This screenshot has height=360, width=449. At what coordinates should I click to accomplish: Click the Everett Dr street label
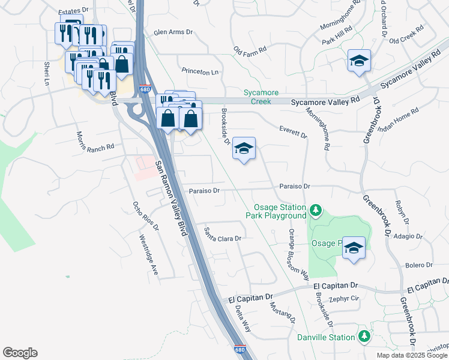pyautogui.click(x=294, y=132)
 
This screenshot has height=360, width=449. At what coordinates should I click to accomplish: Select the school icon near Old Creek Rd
pyautogui.click(x=359, y=61)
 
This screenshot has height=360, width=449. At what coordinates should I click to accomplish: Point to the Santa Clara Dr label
pyautogui.click(x=222, y=234)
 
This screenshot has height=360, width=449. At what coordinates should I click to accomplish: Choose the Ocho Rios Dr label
pyautogui.click(x=145, y=216)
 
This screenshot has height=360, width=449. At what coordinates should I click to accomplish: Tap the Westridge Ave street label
pyautogui.click(x=148, y=255)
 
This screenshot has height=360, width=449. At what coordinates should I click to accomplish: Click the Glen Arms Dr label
pyautogui.click(x=173, y=32)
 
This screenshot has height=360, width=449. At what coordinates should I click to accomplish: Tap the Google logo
pyautogui.click(x=20, y=353)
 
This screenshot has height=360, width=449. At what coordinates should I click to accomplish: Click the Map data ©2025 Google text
pyautogui.click(x=412, y=355)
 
